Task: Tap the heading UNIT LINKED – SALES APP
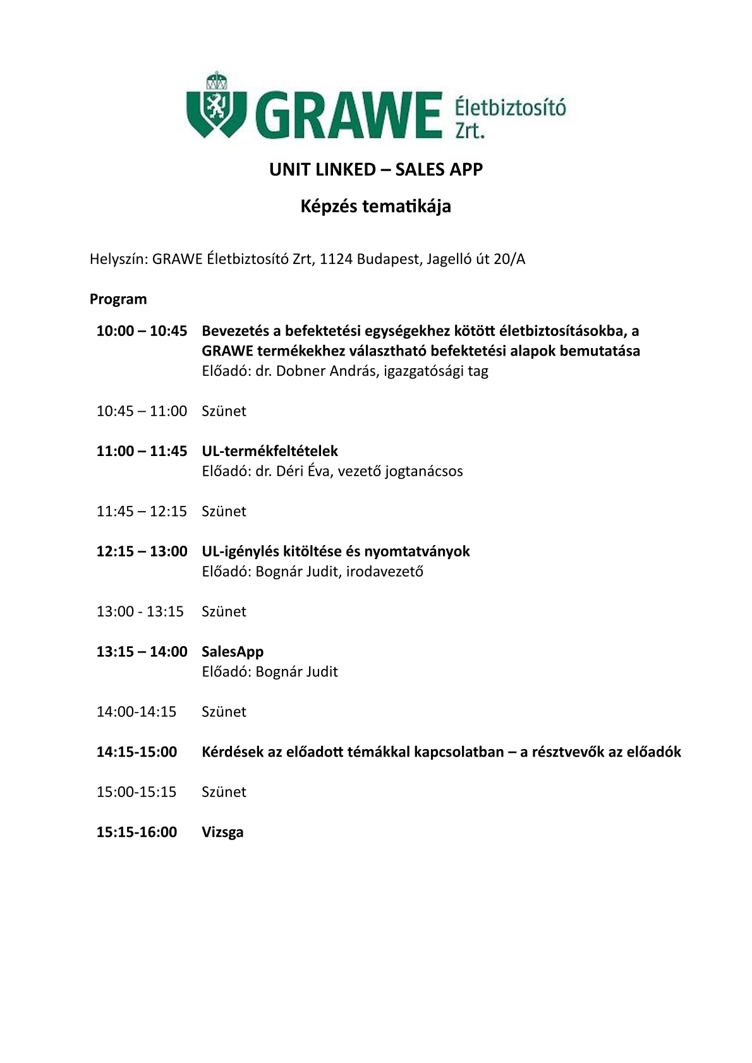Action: click(x=376, y=169)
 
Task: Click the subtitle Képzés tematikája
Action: click(x=375, y=207)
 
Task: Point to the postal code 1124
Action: click(x=336, y=259)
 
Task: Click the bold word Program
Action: click(x=118, y=299)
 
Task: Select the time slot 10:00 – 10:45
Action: click(x=142, y=330)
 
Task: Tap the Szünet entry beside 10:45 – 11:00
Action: click(x=224, y=411)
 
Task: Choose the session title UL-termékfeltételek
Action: click(x=270, y=451)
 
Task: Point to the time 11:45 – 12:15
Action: click(x=142, y=511)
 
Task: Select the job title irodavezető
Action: click(x=385, y=572)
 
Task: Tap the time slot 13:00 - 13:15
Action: click(x=140, y=611)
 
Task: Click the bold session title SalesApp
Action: click(x=233, y=651)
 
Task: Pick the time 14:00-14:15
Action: click(x=136, y=712)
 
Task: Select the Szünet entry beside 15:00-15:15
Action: click(x=224, y=792)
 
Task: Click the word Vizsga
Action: click(x=222, y=832)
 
